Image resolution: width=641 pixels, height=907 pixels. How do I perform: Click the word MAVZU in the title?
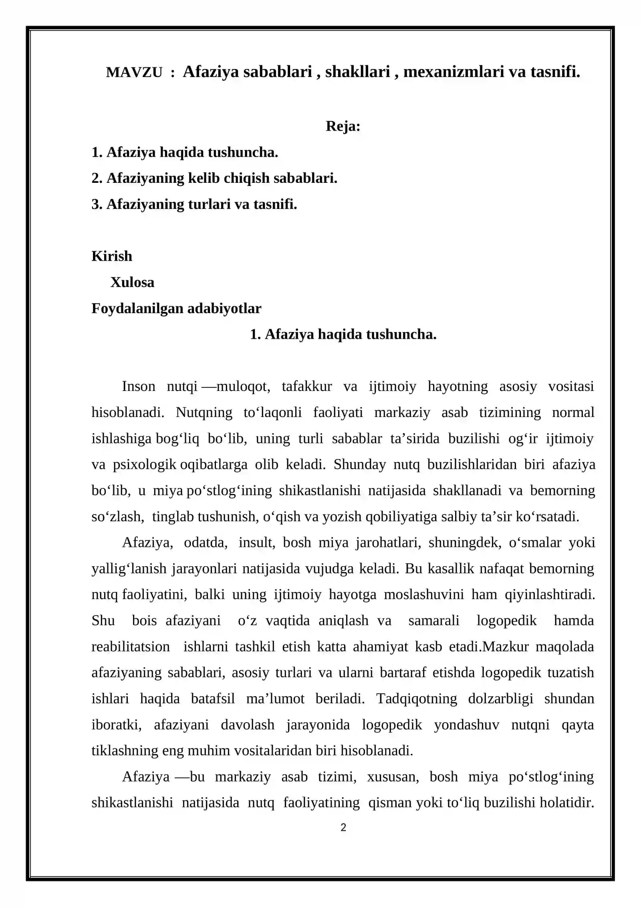click(x=134, y=73)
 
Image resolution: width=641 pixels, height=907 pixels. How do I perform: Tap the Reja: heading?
click(x=343, y=126)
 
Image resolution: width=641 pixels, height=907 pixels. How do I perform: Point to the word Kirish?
click(x=112, y=256)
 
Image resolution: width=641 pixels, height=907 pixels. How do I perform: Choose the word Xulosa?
click(x=132, y=282)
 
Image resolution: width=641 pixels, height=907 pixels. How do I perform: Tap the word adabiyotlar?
click(x=224, y=308)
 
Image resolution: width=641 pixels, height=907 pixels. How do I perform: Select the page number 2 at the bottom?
click(x=343, y=828)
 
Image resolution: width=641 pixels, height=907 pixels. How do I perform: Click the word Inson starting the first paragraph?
click(x=139, y=387)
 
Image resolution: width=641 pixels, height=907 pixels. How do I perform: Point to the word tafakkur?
click(x=307, y=387)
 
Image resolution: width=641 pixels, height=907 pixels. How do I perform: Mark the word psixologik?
click(x=144, y=465)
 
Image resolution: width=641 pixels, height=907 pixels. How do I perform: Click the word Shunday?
click(x=359, y=465)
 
